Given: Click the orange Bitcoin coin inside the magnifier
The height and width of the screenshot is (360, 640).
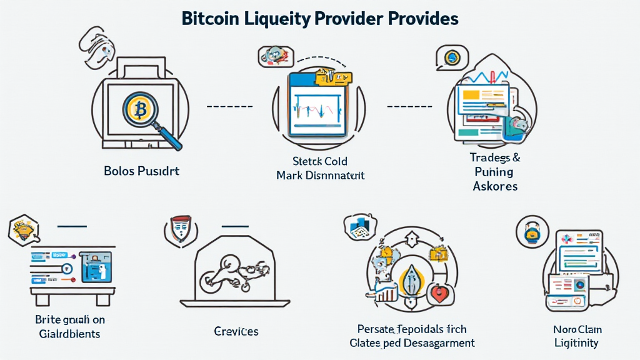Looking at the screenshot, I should click(x=141, y=110).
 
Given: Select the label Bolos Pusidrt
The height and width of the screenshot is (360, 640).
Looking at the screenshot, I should click(x=141, y=171).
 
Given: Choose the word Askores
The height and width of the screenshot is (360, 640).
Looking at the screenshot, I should click(x=496, y=186).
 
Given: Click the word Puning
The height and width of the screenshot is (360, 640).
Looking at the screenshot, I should click(x=494, y=172).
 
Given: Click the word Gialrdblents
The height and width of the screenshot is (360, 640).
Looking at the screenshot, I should click(x=68, y=333).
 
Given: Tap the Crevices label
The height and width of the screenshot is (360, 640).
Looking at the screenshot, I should click(x=236, y=331).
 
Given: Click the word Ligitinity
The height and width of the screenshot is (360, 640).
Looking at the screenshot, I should click(x=576, y=342).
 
